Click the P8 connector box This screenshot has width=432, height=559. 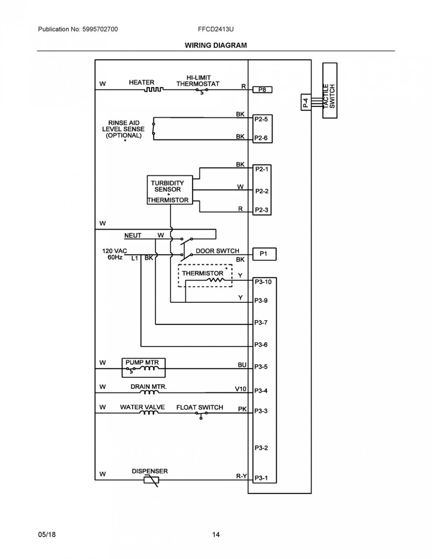[262, 89]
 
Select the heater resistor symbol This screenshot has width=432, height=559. [153, 89]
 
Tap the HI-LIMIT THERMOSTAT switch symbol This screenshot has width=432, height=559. [202, 91]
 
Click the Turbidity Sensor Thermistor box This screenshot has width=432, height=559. [170, 190]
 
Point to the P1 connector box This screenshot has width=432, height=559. [264, 254]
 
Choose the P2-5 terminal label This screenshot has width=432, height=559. [261, 119]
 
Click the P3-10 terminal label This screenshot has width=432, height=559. [263, 282]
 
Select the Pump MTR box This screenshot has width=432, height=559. [143, 368]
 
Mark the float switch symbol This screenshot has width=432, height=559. [201, 414]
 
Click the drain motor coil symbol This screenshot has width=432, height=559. [149, 392]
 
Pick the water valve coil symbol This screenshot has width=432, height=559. [149, 413]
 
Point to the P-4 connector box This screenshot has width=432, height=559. [306, 102]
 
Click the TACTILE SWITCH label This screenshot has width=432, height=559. [329, 96]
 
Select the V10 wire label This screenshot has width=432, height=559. [241, 389]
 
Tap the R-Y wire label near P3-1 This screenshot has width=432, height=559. [241, 476]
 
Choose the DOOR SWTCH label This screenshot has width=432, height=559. [217, 251]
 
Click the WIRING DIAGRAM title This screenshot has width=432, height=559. [216, 45]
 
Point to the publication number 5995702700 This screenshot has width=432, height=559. [100, 29]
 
